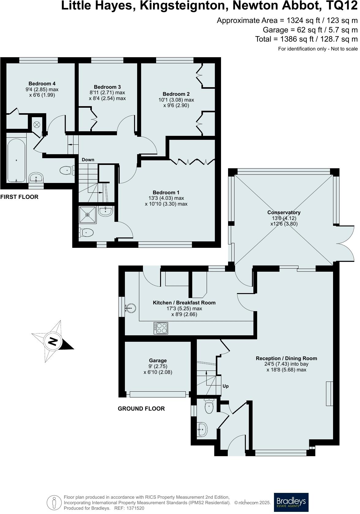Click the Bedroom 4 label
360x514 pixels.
click(42, 84)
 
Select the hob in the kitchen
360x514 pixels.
click(161, 328)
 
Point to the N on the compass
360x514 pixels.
click(53, 341)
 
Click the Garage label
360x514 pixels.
click(158, 361)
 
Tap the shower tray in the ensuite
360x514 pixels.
click(88, 215)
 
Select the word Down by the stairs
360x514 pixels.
click(88, 160)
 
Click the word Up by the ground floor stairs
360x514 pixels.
click(226, 386)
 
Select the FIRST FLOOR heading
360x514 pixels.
click(19, 197)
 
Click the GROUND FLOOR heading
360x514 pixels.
click(142, 409)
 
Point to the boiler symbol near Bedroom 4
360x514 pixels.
click(37, 125)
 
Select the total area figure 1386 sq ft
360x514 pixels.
click(292, 39)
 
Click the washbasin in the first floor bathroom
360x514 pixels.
click(37, 177)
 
